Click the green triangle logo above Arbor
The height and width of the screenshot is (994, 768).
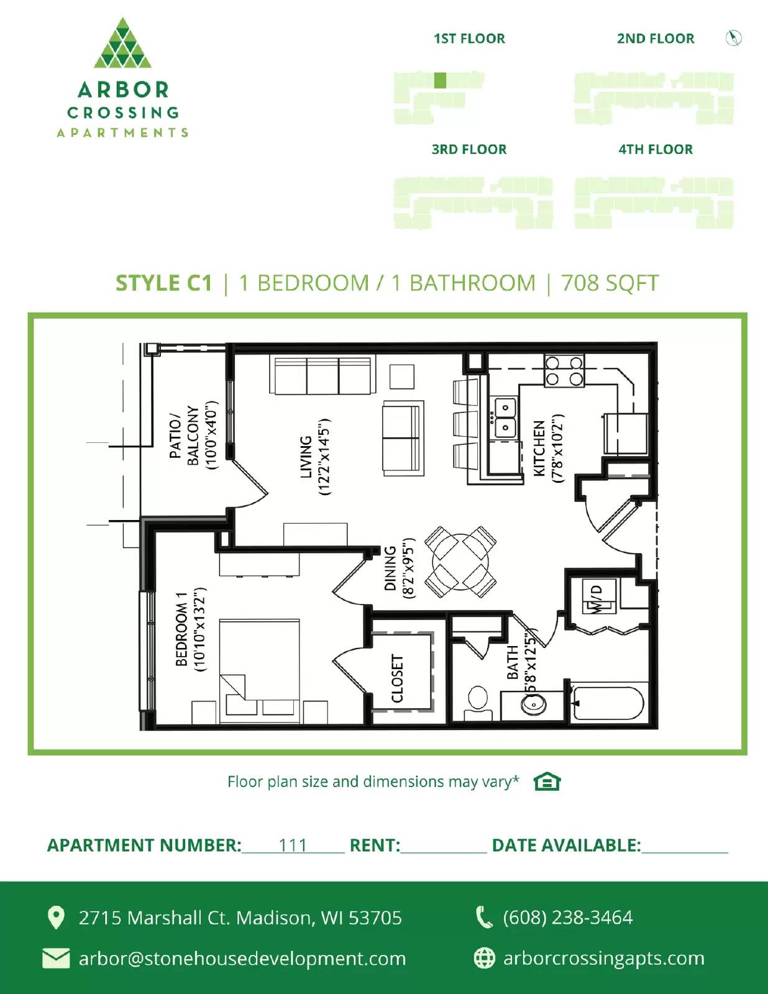point(122,43)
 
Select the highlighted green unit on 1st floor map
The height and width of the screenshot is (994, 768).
point(440,80)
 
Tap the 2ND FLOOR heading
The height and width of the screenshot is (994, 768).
point(656,39)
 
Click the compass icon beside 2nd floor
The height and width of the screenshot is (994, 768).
point(734,39)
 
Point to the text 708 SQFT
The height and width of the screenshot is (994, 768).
point(610,283)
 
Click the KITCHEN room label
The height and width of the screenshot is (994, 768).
point(539,449)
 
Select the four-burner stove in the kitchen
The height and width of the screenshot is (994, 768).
point(564,371)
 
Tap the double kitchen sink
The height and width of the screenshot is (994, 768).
point(505,418)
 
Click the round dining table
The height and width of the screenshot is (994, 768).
point(460,562)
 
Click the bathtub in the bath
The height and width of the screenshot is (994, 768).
point(607,704)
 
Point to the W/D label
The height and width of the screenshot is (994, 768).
point(596,598)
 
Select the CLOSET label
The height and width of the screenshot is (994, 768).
point(398,678)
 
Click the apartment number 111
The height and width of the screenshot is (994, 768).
point(293,846)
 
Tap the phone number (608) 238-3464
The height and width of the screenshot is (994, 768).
point(567,918)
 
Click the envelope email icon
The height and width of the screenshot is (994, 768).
point(56,958)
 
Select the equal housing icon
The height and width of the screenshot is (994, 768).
point(547,782)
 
